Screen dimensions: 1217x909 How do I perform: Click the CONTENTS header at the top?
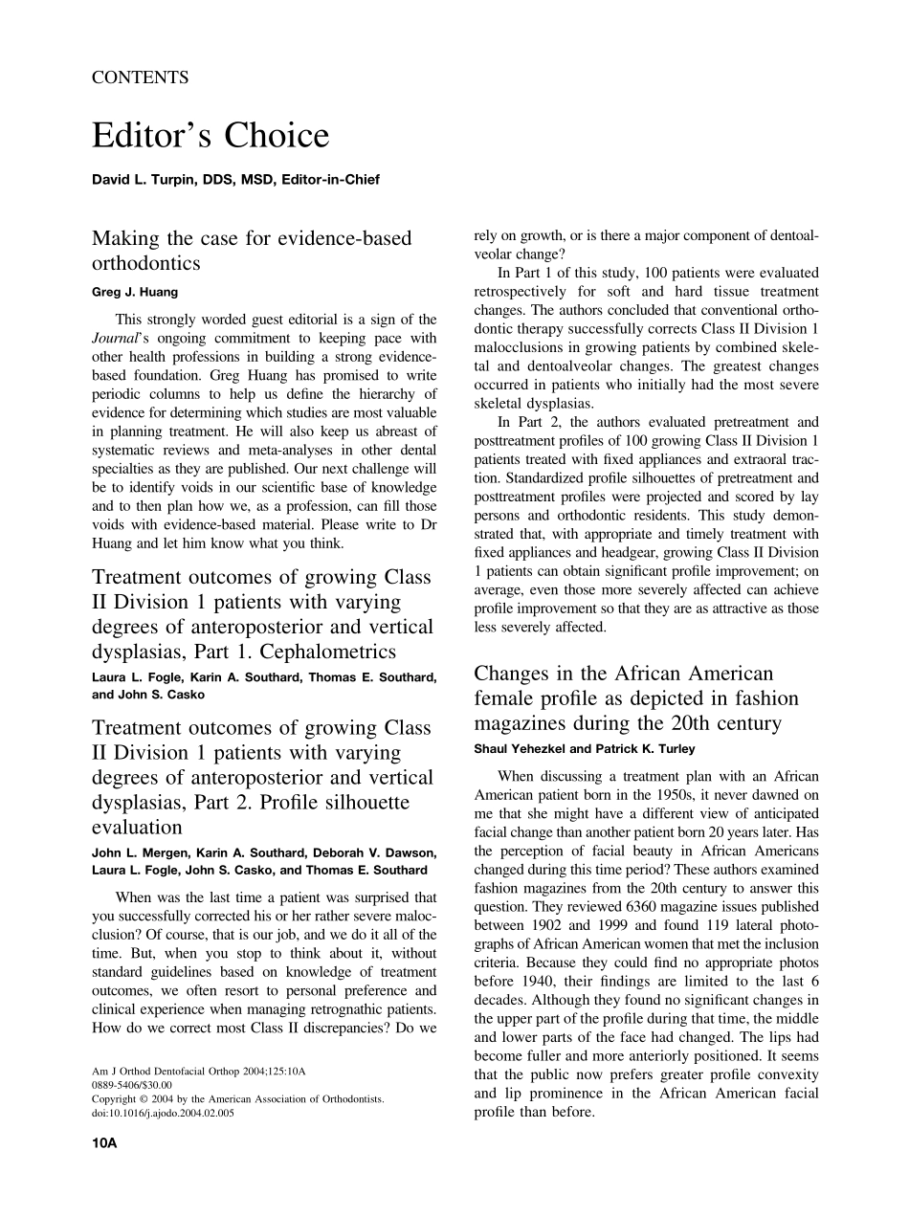pos(140,78)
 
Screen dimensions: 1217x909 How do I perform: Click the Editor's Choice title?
pos(211,137)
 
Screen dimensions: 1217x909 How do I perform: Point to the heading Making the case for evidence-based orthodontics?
pos(252,250)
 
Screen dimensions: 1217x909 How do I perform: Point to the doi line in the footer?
pos(163,1113)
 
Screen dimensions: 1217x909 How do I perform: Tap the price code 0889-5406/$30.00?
pos(132,1085)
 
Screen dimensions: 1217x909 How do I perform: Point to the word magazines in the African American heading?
pos(528,723)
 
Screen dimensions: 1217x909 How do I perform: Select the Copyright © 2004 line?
pos(237,1099)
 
